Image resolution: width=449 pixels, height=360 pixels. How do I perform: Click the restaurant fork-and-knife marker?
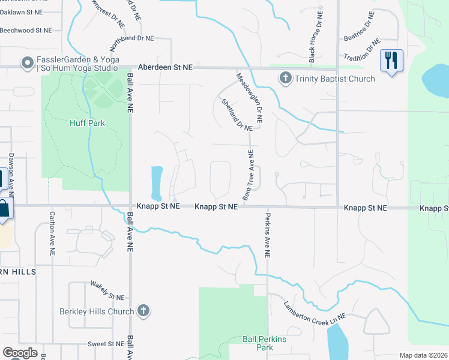pyautogui.click(x=391, y=60)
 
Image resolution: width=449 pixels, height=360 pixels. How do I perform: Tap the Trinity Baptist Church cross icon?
pyautogui.click(x=285, y=78)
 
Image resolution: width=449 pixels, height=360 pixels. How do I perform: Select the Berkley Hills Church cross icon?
pyautogui.click(x=143, y=311)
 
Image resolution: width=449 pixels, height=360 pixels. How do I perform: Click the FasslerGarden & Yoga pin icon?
pyautogui.click(x=26, y=63)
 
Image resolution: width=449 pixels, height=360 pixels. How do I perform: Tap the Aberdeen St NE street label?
pyautogui.click(x=165, y=68)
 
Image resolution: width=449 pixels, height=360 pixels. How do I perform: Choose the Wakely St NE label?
pyautogui.click(x=107, y=290)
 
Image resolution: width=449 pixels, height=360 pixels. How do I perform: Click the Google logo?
pyautogui.click(x=20, y=353)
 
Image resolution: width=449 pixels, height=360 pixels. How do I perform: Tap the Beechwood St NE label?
pyautogui.click(x=26, y=29)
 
